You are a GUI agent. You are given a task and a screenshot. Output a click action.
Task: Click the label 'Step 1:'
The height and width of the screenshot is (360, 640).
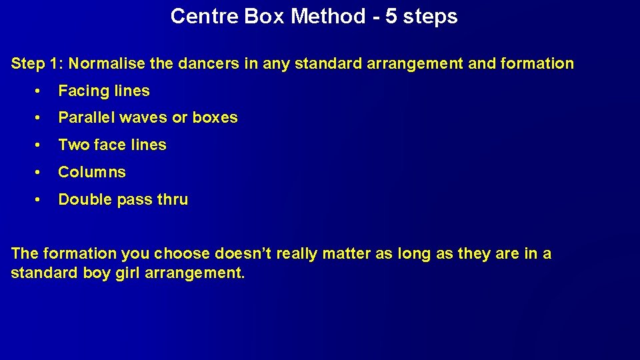(x=37, y=64)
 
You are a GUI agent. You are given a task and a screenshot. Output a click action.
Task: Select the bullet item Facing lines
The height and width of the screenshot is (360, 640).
(x=104, y=91)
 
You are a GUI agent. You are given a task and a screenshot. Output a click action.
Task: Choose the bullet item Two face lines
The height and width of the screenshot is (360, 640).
(x=112, y=145)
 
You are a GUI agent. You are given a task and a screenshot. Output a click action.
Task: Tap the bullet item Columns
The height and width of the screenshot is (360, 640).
(x=92, y=172)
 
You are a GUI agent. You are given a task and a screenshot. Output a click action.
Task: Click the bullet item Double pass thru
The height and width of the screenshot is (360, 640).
(x=123, y=199)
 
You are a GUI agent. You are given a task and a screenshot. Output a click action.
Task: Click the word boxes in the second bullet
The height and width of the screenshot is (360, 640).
(x=215, y=117)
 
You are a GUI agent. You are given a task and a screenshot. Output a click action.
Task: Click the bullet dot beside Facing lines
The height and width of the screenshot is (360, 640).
(x=41, y=91)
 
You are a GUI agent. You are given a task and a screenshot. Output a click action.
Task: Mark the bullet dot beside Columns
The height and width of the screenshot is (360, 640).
(x=41, y=172)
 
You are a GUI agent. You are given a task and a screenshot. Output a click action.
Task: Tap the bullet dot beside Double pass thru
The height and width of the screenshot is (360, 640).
(x=41, y=199)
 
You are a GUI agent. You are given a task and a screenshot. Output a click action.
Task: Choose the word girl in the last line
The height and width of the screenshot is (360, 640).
(x=129, y=273)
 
